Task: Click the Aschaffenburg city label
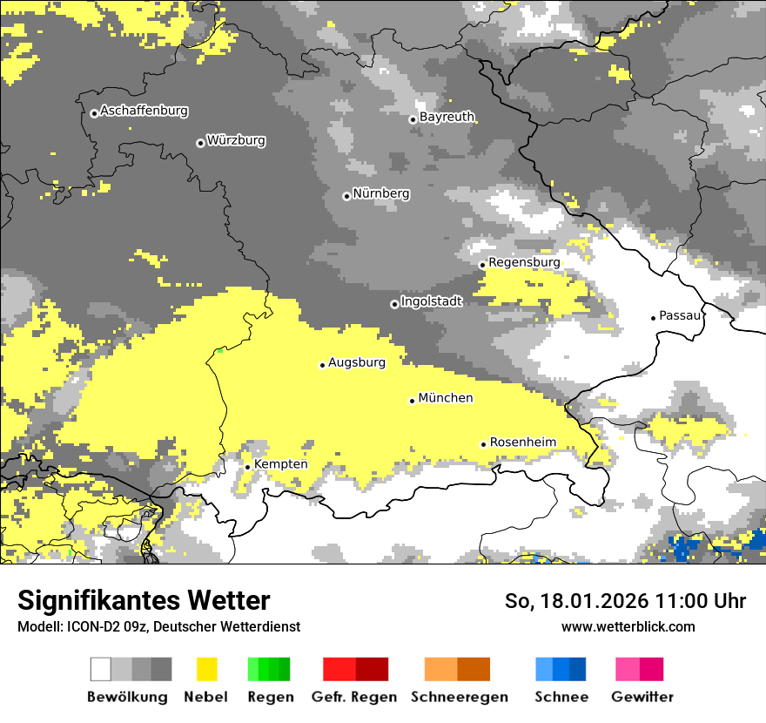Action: pyautogui.click(x=144, y=111)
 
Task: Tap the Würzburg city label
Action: pyautogui.click(x=236, y=140)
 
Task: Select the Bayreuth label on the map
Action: pyautogui.click(x=447, y=117)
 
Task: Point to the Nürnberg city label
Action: pyautogui.click(x=381, y=193)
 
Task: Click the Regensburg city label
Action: pyautogui.click(x=524, y=262)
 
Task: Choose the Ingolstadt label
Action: pyautogui.click(x=431, y=301)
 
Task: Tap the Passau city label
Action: pyautogui.click(x=680, y=315)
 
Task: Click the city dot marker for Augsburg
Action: pyautogui.click(x=322, y=365)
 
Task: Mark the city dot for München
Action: pyautogui.click(x=412, y=401)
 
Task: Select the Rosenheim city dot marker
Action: pyautogui.click(x=483, y=444)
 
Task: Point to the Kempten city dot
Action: pyautogui.click(x=247, y=467)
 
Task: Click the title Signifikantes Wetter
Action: pyautogui.click(x=144, y=601)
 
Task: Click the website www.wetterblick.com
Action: pyautogui.click(x=628, y=626)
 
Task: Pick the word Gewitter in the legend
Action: pyautogui.click(x=642, y=697)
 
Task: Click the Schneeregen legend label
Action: pyautogui.click(x=458, y=697)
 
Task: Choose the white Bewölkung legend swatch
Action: pyautogui.click(x=101, y=669)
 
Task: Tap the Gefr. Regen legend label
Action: pyautogui.click(x=354, y=697)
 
